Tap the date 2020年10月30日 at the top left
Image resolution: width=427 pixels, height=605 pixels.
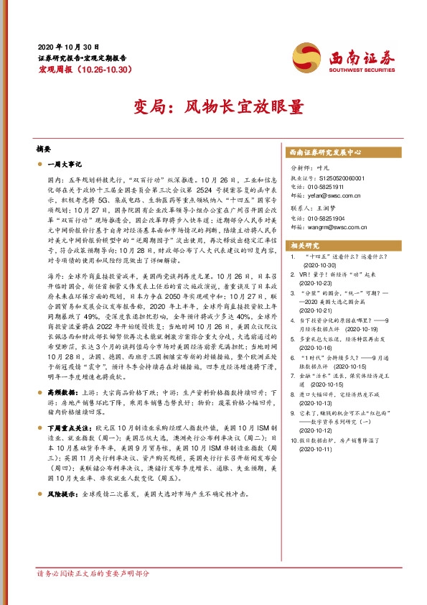(68, 45)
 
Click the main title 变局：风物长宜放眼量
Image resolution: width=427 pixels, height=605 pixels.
(213, 107)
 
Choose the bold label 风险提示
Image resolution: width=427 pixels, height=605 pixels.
(62, 495)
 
